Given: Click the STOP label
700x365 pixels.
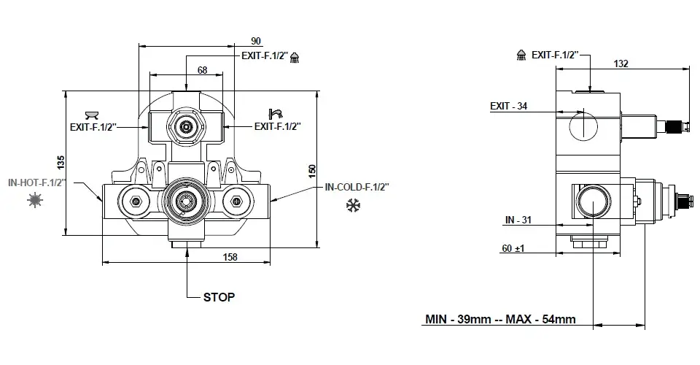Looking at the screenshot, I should pos(219,297).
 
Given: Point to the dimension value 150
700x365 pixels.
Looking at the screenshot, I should pos(313,169).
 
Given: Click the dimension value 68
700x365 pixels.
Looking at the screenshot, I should pos(202,70).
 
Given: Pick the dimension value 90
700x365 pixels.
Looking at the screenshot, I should pos(256,40).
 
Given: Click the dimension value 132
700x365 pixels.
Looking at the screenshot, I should pos(621,64).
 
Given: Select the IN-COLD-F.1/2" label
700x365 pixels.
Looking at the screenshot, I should pos(357,188).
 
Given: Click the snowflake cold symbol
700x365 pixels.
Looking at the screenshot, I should pos(353,207).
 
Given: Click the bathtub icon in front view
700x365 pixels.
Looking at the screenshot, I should pos(92,114).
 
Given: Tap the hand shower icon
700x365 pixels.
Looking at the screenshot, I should pos(276,113).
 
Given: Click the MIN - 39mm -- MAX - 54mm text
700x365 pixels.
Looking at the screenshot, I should pos(500,319).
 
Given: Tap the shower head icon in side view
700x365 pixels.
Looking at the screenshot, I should pos(521,55).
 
